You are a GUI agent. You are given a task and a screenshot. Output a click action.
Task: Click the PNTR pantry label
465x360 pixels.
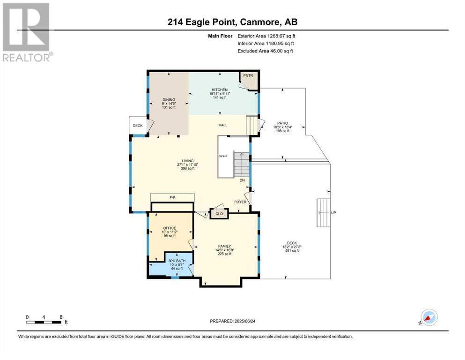248,75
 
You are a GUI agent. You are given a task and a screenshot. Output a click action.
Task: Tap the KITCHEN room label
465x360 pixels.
220,90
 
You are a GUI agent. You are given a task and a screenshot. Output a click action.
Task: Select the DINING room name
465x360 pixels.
169,100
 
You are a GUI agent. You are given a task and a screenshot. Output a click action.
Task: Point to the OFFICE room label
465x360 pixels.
170,228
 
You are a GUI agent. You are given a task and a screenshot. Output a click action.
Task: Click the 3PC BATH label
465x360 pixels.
177,261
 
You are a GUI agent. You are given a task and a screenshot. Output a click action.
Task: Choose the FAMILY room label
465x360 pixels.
224,247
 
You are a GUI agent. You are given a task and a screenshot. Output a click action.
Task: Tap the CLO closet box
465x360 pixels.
219,214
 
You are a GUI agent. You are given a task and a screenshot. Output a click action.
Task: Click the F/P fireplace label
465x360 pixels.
172,198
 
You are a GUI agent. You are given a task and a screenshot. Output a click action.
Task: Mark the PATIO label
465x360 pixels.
283,123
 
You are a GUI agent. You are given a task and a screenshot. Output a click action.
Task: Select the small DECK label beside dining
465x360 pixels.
138,126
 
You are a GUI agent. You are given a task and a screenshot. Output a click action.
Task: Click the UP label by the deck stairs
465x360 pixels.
333,213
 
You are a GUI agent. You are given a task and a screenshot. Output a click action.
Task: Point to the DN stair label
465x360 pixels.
242,180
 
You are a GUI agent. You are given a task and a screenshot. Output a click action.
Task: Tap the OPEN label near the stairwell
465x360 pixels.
223,156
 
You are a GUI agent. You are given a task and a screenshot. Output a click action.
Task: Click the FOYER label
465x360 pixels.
240,202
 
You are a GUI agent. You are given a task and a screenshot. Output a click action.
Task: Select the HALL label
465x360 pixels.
223,125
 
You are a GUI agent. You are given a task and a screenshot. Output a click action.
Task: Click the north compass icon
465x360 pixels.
429,317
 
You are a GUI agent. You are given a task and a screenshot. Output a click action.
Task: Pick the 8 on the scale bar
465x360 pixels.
61,317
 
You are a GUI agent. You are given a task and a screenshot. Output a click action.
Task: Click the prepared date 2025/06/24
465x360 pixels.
245,321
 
